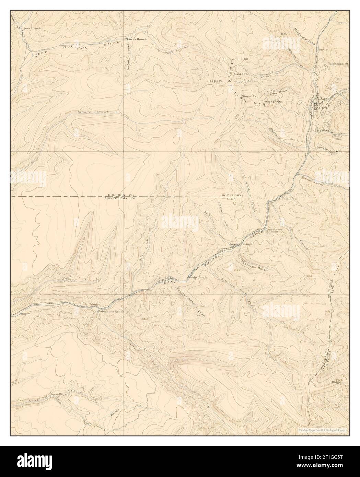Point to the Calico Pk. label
(x=241, y=74)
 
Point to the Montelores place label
(x=287, y=199)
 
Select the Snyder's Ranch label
(x=243, y=244)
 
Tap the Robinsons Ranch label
(x=110, y=312)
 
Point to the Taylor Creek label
(x=79, y=280)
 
